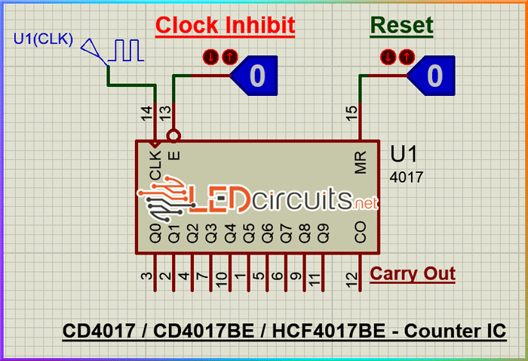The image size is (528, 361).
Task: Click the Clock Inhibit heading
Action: (x=225, y=25)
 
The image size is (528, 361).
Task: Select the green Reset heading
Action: (x=401, y=25)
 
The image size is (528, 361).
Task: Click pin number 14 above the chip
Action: (x=146, y=113)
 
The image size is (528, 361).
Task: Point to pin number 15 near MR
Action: (x=351, y=113)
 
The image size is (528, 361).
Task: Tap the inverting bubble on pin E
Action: (x=174, y=137)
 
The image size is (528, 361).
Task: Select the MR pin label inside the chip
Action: (x=361, y=162)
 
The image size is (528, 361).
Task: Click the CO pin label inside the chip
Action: (x=361, y=232)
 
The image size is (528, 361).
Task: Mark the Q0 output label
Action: (x=155, y=232)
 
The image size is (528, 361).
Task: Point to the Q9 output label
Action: (x=323, y=232)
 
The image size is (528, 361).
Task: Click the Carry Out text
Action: (x=413, y=273)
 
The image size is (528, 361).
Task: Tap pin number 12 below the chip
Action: (x=351, y=279)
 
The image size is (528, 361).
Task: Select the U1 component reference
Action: (x=404, y=154)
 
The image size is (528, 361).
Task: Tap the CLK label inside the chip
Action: (x=155, y=165)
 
